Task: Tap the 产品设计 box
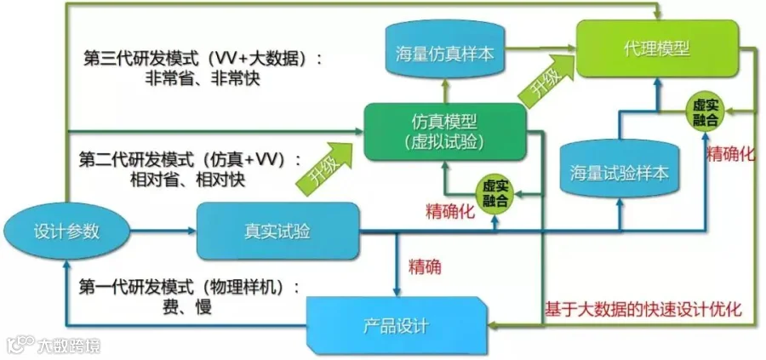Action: point(397,324)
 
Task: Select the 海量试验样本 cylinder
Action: point(619,173)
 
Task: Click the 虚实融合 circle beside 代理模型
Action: point(706,111)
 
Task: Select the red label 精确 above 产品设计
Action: point(425,266)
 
